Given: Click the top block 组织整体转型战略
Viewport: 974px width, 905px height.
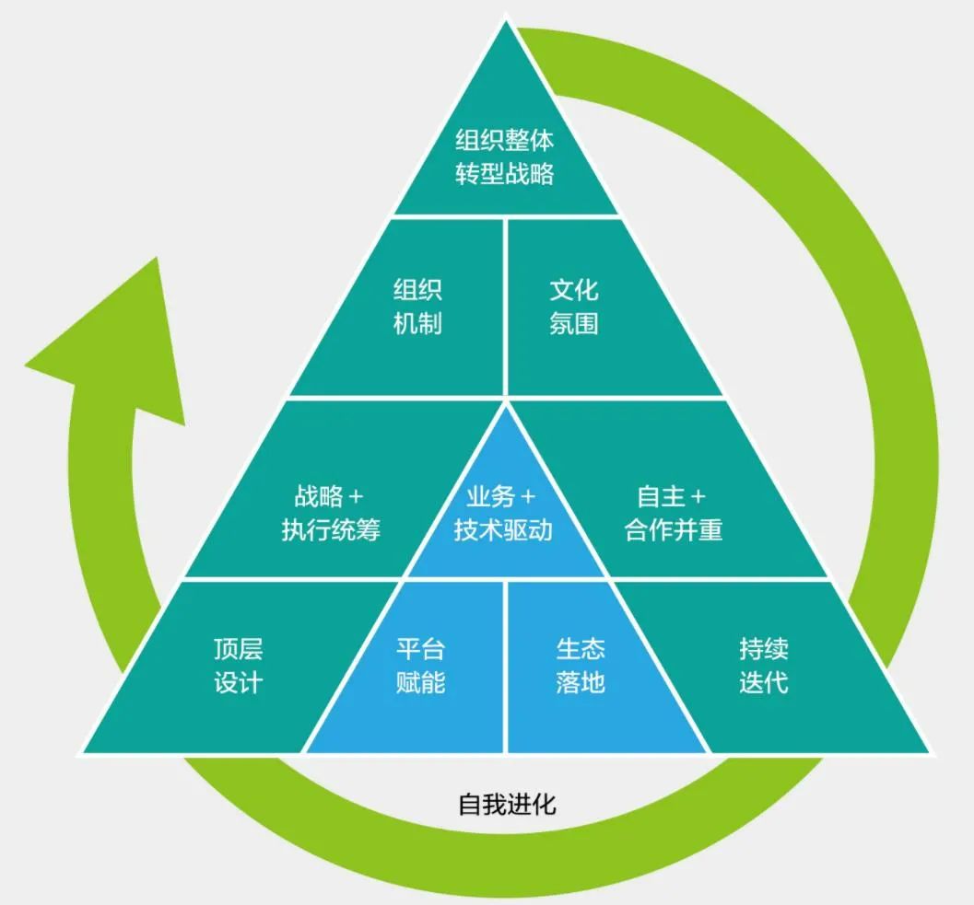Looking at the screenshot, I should (x=505, y=157).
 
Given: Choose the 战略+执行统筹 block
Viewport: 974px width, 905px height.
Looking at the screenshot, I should (x=330, y=514).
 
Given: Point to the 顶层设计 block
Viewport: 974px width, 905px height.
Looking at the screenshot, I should (x=238, y=666).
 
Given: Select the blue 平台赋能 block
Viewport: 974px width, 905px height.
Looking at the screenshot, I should (x=420, y=666).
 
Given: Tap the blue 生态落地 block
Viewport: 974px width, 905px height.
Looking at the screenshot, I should (x=581, y=666).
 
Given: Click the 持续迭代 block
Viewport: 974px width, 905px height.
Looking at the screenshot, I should (x=763, y=666).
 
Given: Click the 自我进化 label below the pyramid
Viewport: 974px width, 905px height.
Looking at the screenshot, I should (x=507, y=804).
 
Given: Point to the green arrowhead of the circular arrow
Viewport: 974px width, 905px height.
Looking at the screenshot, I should (x=111, y=341).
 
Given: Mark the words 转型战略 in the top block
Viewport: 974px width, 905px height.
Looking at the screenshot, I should (x=505, y=174).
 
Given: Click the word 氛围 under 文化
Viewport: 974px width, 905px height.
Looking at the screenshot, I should (x=574, y=324).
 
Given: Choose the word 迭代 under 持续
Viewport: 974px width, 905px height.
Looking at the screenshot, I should (x=763, y=683).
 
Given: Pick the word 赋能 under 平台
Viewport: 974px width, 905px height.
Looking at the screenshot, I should (x=420, y=683).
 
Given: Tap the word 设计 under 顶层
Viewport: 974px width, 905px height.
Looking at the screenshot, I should (x=238, y=683).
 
